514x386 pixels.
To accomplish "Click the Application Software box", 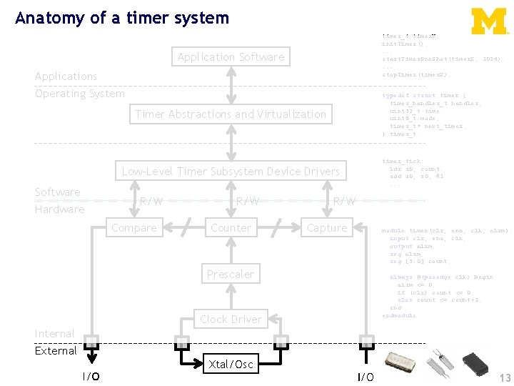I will click(231, 57).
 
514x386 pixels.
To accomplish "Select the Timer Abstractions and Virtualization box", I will click(231, 114).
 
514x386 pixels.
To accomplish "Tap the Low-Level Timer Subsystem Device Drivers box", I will click(231, 172).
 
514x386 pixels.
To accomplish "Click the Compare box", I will click(134, 228).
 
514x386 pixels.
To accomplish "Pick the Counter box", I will click(231, 228).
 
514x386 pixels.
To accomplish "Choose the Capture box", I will click(327, 228).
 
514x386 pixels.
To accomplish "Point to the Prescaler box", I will click(231, 274).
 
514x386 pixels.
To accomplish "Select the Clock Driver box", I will click(231, 320).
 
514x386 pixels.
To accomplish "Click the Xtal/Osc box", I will click(231, 365).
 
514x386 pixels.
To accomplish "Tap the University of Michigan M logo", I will click(489, 21).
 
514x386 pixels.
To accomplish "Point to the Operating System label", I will click(79, 94).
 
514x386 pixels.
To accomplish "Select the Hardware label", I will click(59, 209).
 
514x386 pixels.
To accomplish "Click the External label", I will click(56, 351).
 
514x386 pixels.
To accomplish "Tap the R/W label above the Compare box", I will click(151, 202).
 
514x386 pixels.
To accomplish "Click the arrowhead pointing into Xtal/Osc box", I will click(200, 365).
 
